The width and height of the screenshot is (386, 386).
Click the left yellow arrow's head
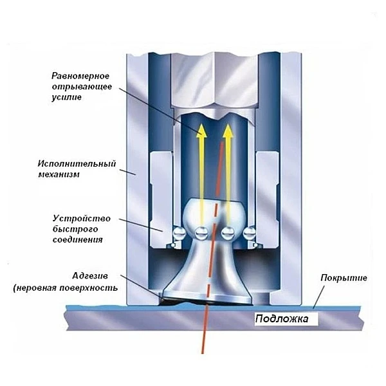[201, 132]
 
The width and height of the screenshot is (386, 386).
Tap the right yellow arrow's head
[227, 132]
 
